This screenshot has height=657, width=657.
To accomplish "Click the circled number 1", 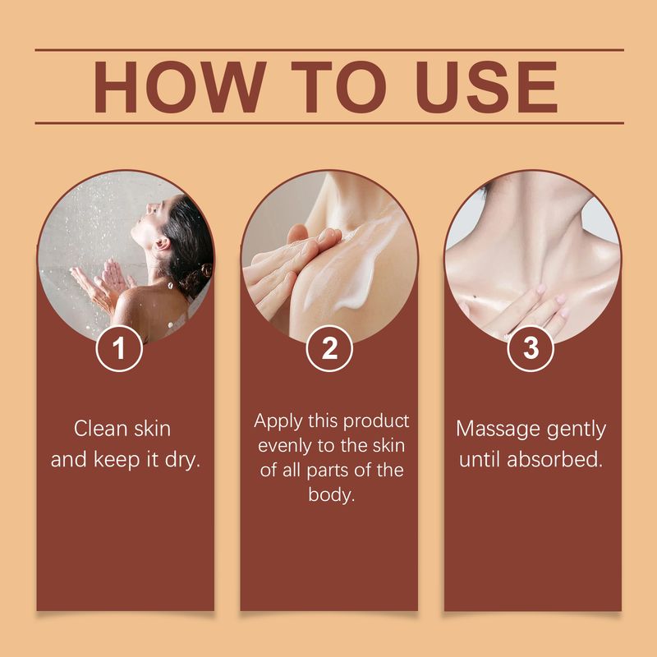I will click(120, 348).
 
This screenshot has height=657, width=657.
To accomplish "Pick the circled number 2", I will click(329, 348).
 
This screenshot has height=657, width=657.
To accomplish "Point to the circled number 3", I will click(532, 348).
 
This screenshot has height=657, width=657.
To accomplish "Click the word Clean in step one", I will click(100, 429).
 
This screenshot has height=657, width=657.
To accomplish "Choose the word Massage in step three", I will click(497, 429).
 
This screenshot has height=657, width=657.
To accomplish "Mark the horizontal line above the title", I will click(328, 50).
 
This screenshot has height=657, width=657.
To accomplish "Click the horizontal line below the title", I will click(328, 123).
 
